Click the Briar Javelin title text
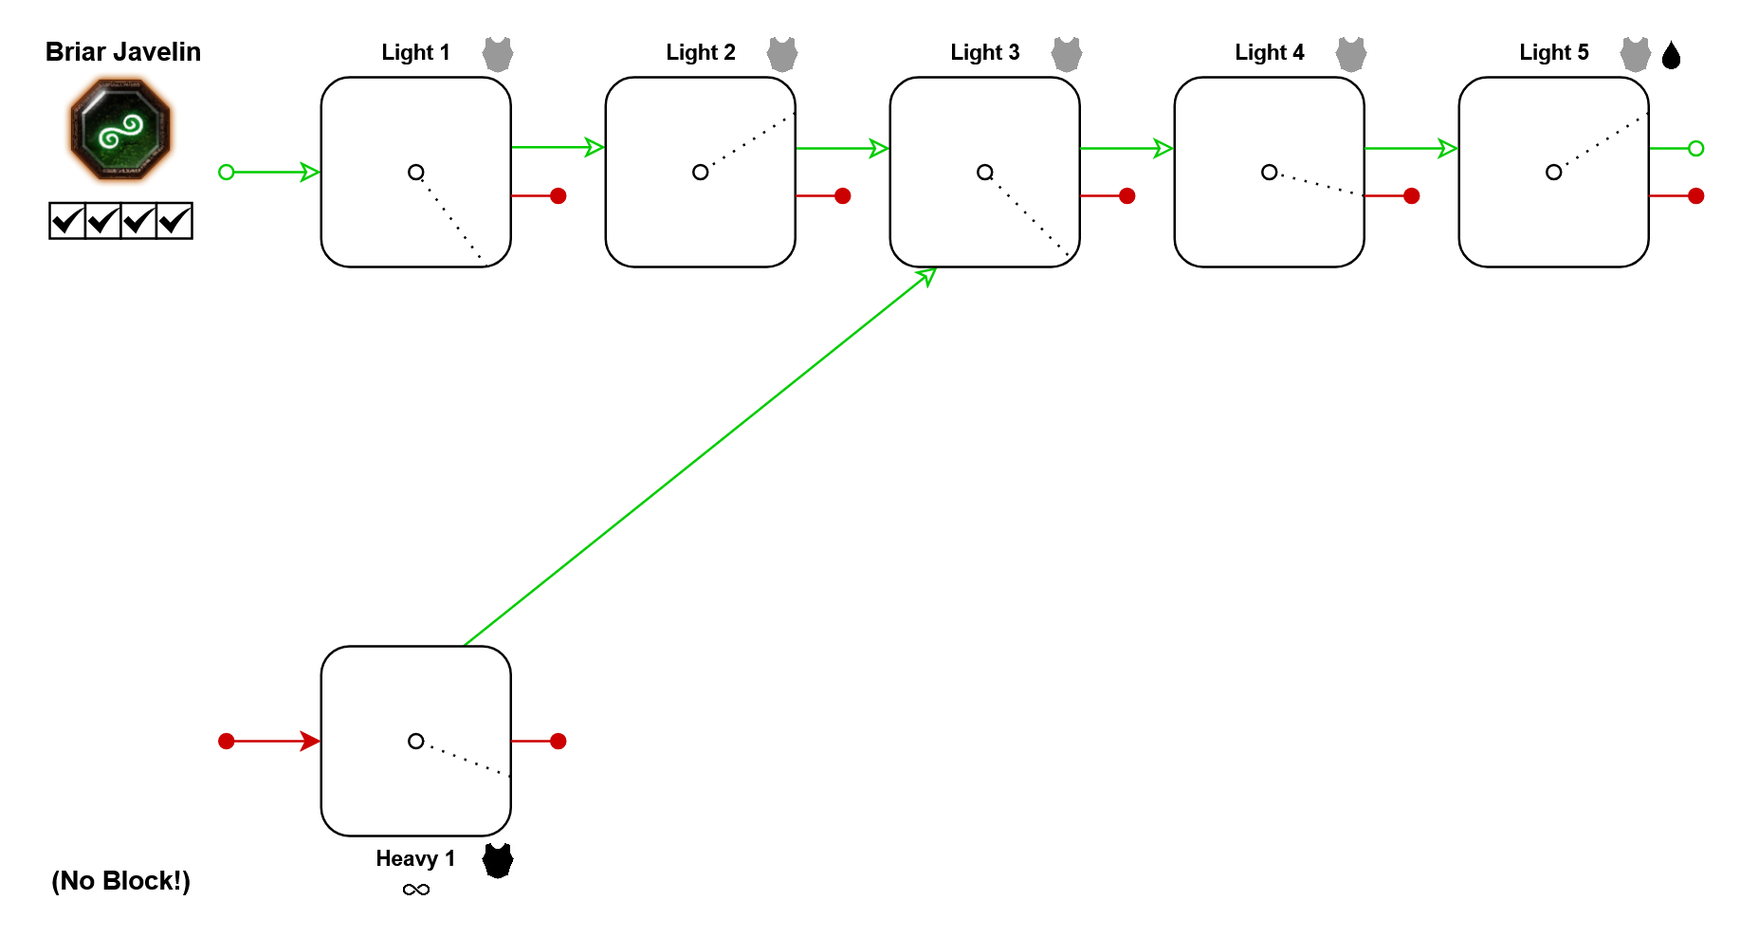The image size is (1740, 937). click(x=123, y=52)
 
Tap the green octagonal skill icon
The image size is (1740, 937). click(x=120, y=129)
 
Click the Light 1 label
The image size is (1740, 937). click(x=415, y=53)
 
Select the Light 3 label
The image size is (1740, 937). click(x=984, y=53)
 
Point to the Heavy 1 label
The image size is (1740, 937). click(x=415, y=859)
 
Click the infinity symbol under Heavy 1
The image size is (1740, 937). click(x=415, y=890)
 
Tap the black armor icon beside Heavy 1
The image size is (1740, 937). click(x=498, y=860)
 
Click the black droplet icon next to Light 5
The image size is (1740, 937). click(x=1672, y=55)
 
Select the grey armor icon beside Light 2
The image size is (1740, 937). click(x=782, y=54)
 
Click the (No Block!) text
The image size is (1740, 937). click(x=120, y=881)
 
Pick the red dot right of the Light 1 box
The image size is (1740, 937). click(x=559, y=196)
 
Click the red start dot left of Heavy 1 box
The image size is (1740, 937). click(x=227, y=742)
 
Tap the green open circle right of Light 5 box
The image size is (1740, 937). click(x=1696, y=149)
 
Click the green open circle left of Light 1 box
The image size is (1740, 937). click(x=227, y=173)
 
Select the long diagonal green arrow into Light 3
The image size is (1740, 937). click(x=700, y=457)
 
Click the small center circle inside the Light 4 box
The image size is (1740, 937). click(x=1269, y=173)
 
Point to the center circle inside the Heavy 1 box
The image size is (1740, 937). click(x=415, y=742)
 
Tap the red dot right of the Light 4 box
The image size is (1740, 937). click(x=1412, y=196)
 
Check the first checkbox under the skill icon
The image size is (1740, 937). click(x=67, y=221)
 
